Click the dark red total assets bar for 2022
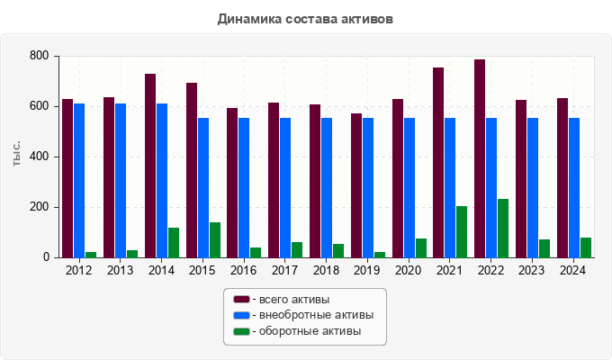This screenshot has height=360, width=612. coord(481,158)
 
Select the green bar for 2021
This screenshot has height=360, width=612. coord(462,231)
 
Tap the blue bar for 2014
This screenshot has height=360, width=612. coord(162,180)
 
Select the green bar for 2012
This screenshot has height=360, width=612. coord(91,255)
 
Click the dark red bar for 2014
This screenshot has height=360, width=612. coord(150,166)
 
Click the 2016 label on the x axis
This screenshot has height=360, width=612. coord(244,270)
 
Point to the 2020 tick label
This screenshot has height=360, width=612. coord(409,270)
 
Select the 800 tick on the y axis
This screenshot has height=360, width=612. coord(38,56)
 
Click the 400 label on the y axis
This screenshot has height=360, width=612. coord(38,157)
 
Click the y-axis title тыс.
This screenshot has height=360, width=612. coord(18,155)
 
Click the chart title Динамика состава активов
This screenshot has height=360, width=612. coord(306,18)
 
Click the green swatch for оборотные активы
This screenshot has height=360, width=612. coord(241,332)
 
